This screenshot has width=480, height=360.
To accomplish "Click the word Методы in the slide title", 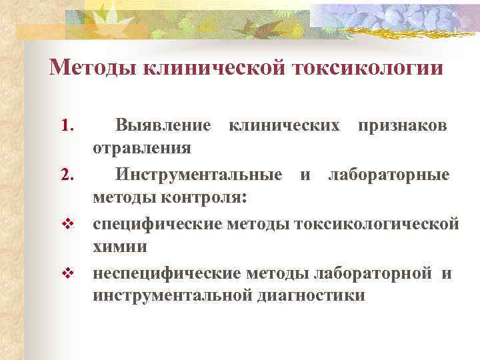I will coord(93,68).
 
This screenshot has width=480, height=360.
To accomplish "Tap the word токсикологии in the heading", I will coord(365,68).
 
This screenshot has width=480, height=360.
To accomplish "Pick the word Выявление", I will coord(163,125).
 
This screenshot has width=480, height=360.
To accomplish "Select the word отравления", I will coord(141,147).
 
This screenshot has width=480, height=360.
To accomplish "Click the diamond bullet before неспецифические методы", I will coord(66,273).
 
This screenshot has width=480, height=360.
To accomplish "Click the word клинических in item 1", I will coord(285,125).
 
